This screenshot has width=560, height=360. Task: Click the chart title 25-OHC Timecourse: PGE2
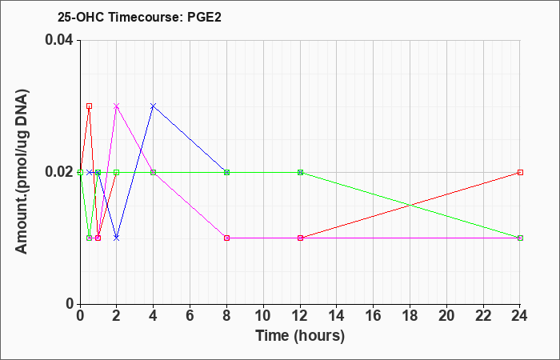coord(139,17)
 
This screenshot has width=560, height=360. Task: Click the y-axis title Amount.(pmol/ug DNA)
coord(22,172)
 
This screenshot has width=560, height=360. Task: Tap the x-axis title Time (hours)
coord(300,336)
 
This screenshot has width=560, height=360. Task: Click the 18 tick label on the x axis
coord(410,316)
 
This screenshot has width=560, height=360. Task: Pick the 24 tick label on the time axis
coord(520,316)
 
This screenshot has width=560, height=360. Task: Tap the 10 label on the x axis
coord(263,316)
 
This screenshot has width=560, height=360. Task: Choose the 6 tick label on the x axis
coord(190,316)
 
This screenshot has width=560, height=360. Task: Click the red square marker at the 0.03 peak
coord(90,106)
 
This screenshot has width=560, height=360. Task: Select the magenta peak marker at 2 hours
coord(117,106)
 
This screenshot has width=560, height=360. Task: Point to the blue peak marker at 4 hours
coord(154,106)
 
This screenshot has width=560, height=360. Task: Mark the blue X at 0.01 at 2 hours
coord(117,238)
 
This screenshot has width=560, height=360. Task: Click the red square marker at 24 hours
coord(520,173)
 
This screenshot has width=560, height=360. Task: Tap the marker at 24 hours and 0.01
coord(520,238)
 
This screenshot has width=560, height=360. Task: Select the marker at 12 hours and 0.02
coord(300,173)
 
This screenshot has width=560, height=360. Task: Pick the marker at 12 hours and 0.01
coord(300,238)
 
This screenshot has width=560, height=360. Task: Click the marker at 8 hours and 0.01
coord(226,238)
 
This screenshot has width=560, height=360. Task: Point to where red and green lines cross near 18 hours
coord(410,205)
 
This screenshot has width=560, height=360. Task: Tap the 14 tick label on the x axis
coord(337,316)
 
